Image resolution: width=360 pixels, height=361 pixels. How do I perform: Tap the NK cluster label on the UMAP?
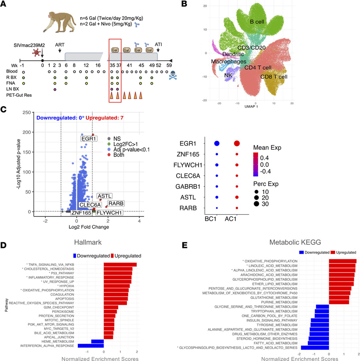pyautogui.click(x=229, y=75)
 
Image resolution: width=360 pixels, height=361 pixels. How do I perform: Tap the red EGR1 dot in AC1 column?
pyautogui.click(x=237, y=144)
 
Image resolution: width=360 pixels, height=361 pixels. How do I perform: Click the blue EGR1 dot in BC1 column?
pyautogui.click(x=216, y=144)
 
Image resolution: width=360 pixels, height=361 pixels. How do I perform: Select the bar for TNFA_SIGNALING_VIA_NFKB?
pyautogui.click(x=120, y=264)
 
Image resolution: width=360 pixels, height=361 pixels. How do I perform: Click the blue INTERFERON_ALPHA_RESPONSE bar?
pyautogui.click(x=90, y=345)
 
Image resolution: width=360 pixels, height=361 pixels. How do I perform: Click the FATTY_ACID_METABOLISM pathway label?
pyautogui.click(x=274, y=343)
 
